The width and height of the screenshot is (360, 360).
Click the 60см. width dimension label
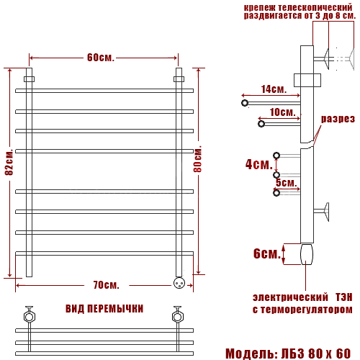point(101,58)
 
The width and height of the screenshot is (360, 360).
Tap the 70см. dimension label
point(107,285)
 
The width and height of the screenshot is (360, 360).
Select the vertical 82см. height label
point(9,162)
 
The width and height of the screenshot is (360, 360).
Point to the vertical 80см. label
point(198,158)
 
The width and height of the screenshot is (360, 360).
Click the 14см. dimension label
point(274,89)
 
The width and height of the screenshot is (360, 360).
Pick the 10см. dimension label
point(282,112)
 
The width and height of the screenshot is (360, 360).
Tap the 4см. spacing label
point(259,164)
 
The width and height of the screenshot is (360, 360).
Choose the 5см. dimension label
point(286,183)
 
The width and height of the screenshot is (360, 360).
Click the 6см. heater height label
point(267,253)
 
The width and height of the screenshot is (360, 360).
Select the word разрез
point(338,119)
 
